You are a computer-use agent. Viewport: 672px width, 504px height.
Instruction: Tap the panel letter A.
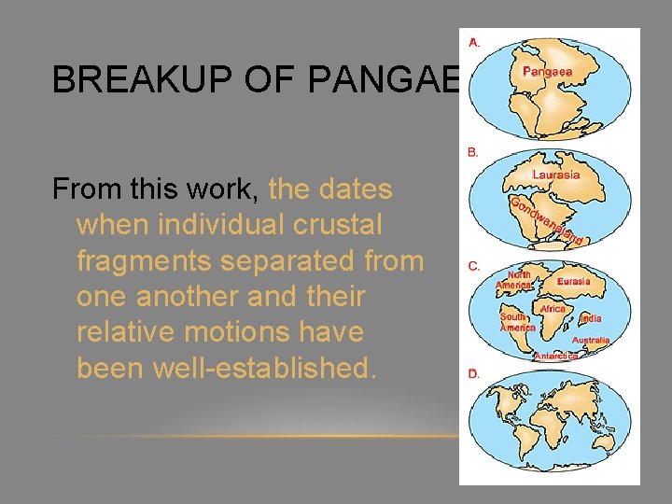[475, 42]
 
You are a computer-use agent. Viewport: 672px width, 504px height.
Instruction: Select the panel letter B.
[474, 151]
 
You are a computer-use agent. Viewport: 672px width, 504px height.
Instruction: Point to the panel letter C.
[474, 266]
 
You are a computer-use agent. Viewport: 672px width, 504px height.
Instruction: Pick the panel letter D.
[474, 373]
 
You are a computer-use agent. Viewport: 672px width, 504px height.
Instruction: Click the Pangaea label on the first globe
[548, 71]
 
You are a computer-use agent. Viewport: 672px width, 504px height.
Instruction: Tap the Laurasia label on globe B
[555, 175]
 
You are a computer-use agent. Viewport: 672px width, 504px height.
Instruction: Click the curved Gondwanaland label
[546, 222]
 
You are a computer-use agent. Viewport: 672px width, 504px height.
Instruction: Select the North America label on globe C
[514, 280]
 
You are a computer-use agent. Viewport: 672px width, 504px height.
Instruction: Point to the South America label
[517, 322]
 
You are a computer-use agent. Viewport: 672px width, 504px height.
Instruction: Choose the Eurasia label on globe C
[573, 281]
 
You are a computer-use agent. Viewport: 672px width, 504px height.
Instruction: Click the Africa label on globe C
[553, 309]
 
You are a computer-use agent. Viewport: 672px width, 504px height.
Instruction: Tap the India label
[591, 318]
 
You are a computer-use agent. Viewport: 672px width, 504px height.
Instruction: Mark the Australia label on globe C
[590, 341]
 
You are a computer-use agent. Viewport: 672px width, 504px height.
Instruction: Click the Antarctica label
[556, 356]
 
